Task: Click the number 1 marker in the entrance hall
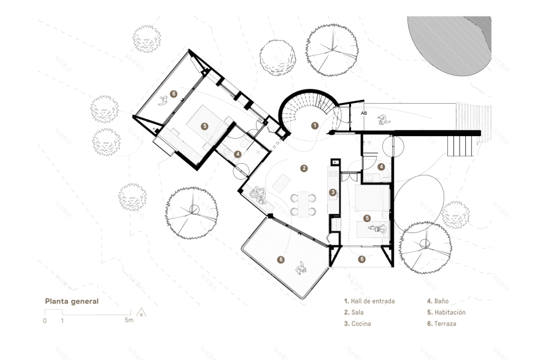(x=314, y=125)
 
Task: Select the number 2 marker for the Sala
(x=303, y=167)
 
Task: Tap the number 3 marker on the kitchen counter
(x=333, y=192)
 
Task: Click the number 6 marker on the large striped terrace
(x=281, y=259)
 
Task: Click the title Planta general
(x=71, y=302)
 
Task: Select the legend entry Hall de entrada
(x=369, y=302)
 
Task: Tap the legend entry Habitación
(x=445, y=312)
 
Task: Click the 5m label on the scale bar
(x=128, y=321)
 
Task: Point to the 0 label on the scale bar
(x=45, y=321)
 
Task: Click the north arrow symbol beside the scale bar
(x=142, y=312)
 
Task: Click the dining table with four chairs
(x=303, y=204)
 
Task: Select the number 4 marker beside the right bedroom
(x=380, y=166)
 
